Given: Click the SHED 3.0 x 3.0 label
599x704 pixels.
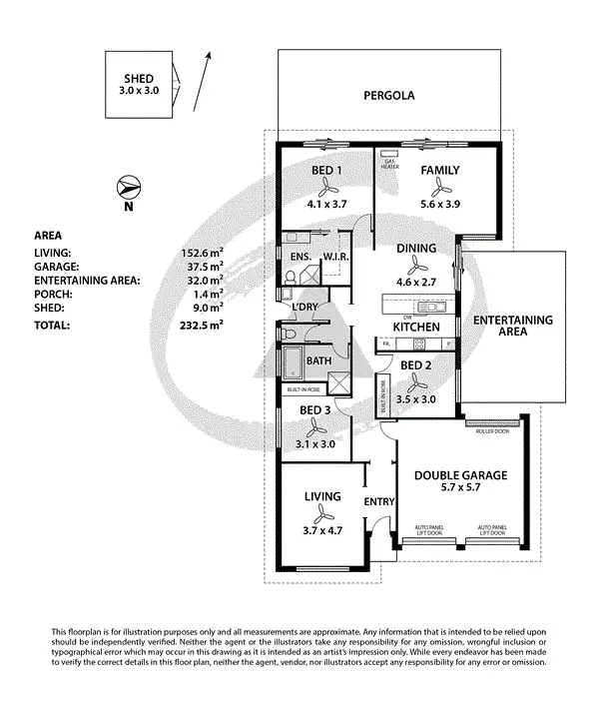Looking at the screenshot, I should click(138, 84).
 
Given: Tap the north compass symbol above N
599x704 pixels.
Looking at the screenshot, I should click(129, 186).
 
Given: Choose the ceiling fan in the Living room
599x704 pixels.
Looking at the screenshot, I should click(323, 514).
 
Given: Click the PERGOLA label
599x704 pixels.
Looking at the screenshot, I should click(388, 97).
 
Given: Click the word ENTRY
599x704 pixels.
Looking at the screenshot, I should click(380, 501).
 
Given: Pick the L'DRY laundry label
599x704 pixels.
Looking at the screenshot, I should click(303, 308).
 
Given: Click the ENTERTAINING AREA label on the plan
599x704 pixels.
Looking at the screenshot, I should click(512, 327).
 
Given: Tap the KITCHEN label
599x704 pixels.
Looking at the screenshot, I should click(416, 328).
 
